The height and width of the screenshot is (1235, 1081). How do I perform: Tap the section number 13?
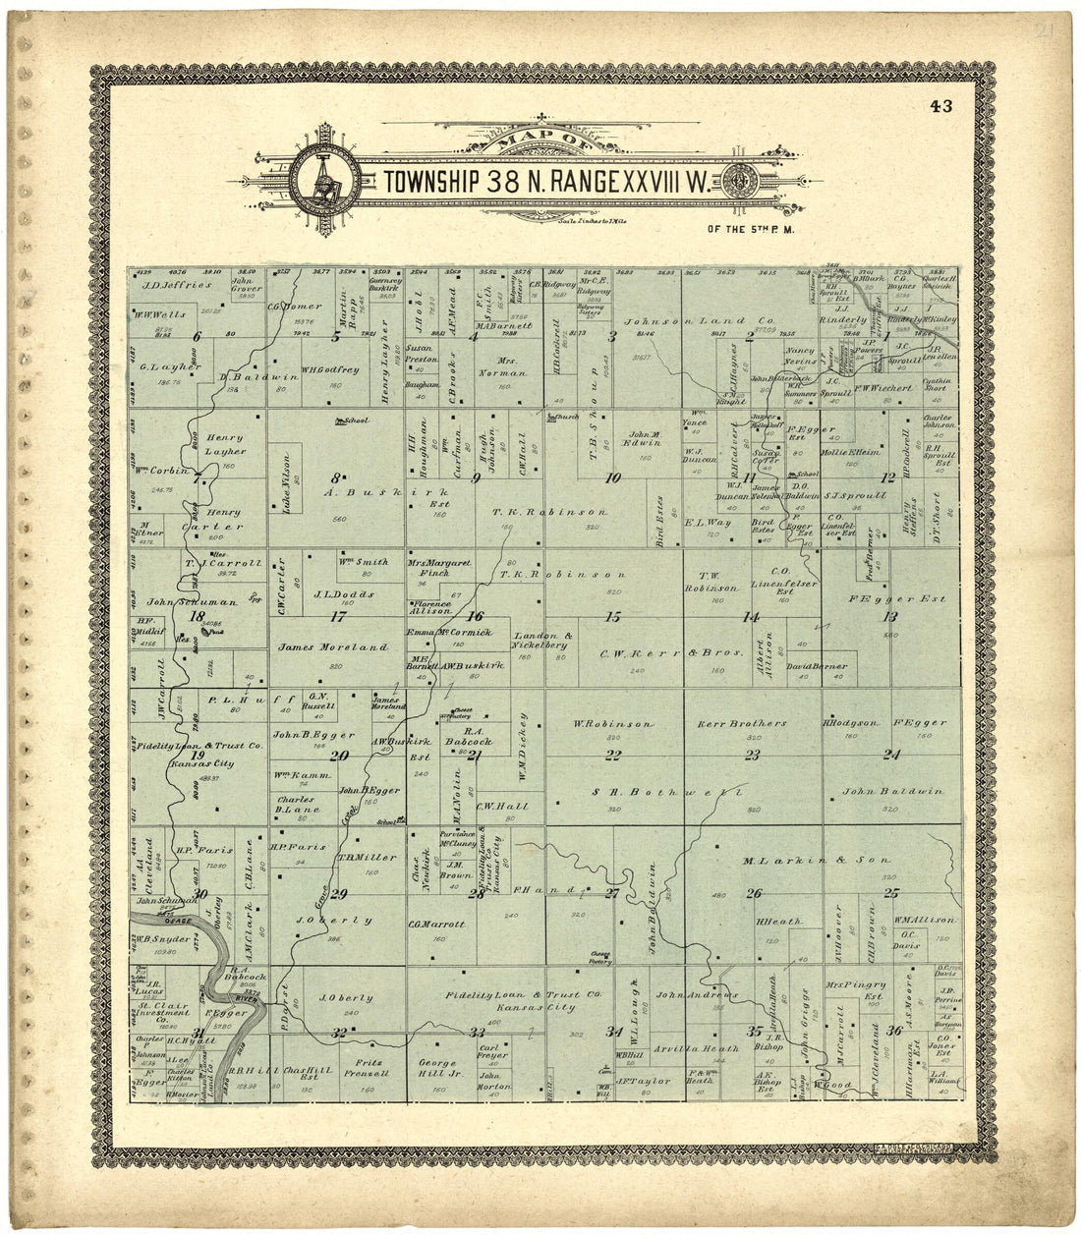pyautogui.click(x=890, y=616)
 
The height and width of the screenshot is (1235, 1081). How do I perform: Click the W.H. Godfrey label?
pyautogui.click(x=327, y=369)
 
